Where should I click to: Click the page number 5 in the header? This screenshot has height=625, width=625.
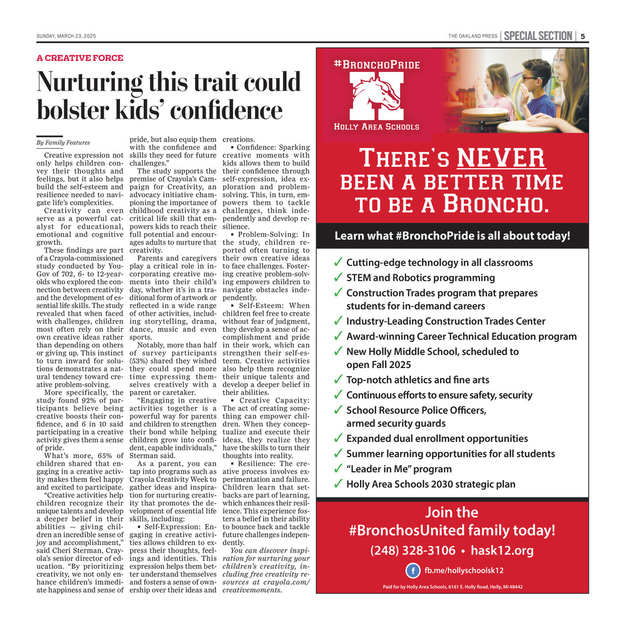[x=582, y=36]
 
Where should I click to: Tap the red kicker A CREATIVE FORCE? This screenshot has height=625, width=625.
[x=80, y=58]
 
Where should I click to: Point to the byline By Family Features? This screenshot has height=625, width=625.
[x=63, y=142]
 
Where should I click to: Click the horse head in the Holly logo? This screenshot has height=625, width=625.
[x=383, y=96]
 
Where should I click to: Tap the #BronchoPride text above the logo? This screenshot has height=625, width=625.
[x=377, y=64]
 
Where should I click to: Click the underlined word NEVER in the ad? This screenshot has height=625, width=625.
[x=501, y=157]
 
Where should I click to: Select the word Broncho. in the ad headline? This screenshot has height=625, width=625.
[x=502, y=204]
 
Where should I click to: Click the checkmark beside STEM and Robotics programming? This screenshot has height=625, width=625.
[x=338, y=278]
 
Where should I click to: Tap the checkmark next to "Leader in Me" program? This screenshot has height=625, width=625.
[x=338, y=469]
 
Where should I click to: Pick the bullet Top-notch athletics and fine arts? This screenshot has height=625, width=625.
[x=417, y=379]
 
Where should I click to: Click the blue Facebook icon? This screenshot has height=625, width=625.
[x=412, y=571]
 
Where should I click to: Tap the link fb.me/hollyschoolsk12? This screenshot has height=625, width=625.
[x=464, y=571]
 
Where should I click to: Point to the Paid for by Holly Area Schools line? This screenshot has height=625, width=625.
[x=452, y=587]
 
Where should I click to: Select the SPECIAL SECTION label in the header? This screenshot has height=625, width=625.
[x=537, y=36]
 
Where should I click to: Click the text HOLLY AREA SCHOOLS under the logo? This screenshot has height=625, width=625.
[x=377, y=126]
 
